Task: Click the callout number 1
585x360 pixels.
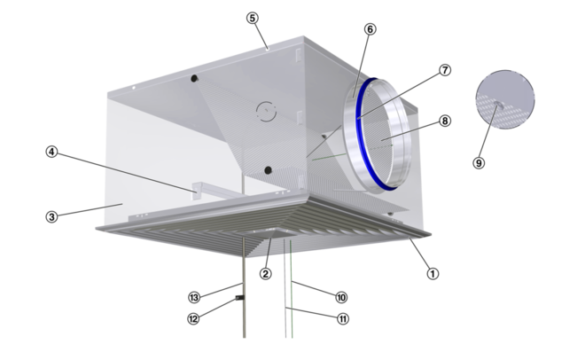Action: tap(433, 273)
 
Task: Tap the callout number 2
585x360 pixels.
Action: tap(265, 273)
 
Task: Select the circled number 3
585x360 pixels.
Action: tap(52, 216)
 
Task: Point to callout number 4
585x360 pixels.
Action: tap(52, 152)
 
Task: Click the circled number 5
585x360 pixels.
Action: tap(253, 18)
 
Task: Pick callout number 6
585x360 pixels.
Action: tap(370, 29)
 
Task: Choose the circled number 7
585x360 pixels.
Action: tap(444, 70)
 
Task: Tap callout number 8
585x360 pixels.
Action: tap(444, 121)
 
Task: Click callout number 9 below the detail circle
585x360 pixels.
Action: tap(479, 162)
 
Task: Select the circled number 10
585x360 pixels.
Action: tap(341, 297)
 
